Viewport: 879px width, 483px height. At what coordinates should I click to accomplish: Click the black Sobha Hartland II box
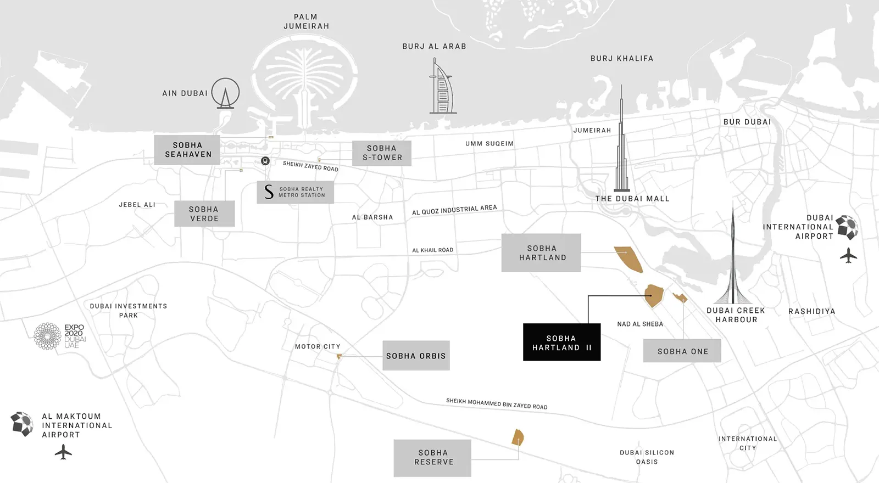click(x=561, y=342)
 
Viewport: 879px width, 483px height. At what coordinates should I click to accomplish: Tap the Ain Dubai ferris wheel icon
click(x=225, y=93)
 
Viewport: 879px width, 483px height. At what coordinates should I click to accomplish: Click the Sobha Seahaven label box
click(x=187, y=150)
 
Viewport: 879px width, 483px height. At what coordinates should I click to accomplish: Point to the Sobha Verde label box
click(x=204, y=214)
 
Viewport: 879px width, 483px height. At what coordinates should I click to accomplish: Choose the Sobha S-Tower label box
click(x=382, y=153)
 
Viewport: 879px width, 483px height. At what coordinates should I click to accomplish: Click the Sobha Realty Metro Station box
click(x=295, y=192)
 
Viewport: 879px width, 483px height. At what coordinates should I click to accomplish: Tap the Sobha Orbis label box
click(x=416, y=356)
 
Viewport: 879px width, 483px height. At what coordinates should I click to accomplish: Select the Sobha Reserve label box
click(x=432, y=458)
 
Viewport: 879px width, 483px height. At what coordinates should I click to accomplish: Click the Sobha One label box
click(x=682, y=351)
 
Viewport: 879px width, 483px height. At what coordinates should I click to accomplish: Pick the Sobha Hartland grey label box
click(x=541, y=253)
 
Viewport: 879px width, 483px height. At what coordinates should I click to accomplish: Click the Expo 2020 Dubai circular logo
click(x=48, y=336)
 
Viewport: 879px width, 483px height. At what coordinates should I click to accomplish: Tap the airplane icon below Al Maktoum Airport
click(x=64, y=452)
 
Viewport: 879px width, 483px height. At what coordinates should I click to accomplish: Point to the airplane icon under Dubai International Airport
click(x=848, y=255)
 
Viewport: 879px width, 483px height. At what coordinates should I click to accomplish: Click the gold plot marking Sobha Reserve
click(x=518, y=437)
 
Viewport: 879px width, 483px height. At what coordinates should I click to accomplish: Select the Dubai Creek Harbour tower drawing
click(x=732, y=258)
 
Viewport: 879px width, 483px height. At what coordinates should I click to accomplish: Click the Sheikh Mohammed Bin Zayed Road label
click(x=497, y=404)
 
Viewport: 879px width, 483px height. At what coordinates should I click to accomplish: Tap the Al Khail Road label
click(x=433, y=250)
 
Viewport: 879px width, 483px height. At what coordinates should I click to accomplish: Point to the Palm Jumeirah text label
click(x=306, y=21)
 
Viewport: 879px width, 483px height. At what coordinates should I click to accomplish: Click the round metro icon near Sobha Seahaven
click(x=265, y=161)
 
